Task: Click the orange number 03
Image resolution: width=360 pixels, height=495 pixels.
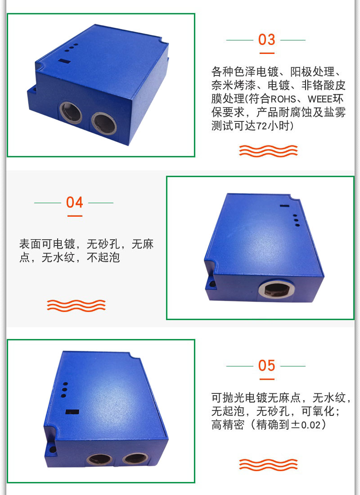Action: tap(266, 40)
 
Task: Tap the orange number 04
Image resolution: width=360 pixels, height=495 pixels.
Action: tap(75, 202)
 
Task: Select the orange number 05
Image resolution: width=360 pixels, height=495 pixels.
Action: tap(266, 366)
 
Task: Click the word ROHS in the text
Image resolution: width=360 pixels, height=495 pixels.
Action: tap(283, 99)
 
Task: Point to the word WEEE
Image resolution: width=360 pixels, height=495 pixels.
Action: tap(320, 99)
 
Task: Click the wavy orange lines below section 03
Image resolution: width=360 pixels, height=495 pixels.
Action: tap(268, 151)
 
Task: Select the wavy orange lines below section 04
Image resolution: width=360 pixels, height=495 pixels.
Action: tap(76, 306)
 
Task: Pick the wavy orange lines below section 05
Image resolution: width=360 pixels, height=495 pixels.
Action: tap(268, 465)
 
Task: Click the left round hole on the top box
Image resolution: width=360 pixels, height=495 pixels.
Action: tap(71, 112)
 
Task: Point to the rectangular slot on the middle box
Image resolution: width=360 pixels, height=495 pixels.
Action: tap(284, 206)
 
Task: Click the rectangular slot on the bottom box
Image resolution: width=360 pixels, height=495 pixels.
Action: tap(72, 412)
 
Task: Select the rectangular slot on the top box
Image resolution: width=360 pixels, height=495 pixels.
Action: tap(64, 61)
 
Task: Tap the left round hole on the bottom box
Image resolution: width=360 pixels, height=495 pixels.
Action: tap(99, 459)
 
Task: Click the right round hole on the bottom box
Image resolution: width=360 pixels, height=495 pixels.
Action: tap(135, 459)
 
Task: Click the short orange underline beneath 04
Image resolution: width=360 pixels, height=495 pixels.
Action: tap(75, 216)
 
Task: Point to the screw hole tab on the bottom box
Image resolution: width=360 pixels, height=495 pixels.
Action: tap(51, 449)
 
